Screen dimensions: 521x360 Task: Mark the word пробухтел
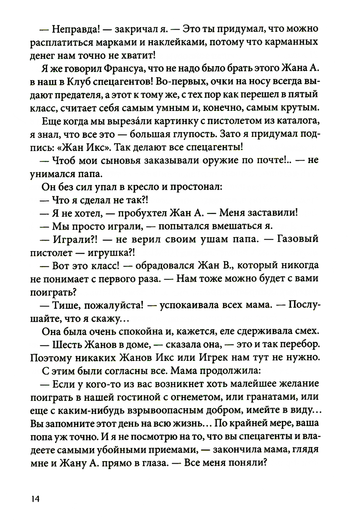tap(138, 213)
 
